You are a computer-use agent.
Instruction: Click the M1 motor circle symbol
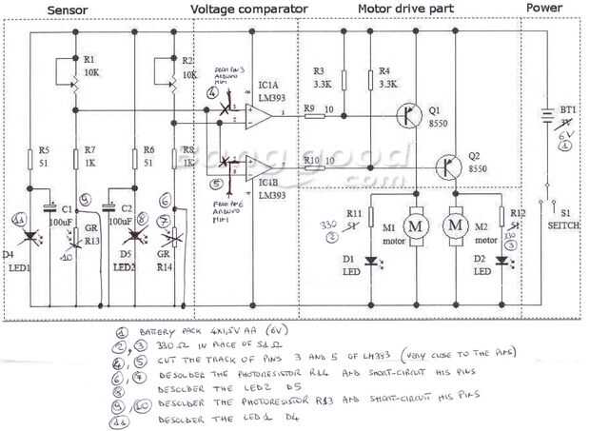[416, 225]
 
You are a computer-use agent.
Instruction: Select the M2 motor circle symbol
[456, 225]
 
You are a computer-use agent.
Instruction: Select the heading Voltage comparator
[249, 9]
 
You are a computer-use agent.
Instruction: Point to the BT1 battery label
[565, 110]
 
